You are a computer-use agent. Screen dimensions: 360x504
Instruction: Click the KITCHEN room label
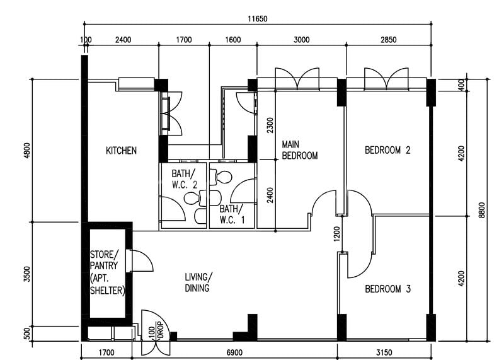click(x=121, y=151)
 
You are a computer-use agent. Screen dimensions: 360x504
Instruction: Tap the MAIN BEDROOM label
click(x=299, y=150)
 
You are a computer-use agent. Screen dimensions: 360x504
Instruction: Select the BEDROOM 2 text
click(x=388, y=151)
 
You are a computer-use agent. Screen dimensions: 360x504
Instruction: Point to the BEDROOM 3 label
click(x=388, y=289)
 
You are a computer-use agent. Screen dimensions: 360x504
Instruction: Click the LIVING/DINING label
click(x=198, y=282)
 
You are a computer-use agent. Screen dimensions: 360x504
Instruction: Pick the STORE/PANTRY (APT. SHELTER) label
click(x=108, y=273)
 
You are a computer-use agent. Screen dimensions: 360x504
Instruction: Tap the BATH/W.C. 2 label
click(x=184, y=178)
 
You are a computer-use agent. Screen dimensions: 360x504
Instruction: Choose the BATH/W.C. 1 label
click(x=231, y=214)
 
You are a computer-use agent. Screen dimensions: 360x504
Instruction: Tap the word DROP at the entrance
click(x=160, y=332)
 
